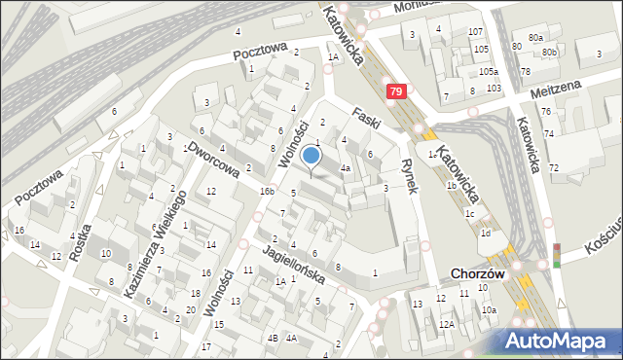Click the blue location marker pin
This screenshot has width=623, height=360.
click(311, 157)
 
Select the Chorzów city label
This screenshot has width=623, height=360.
click(477, 274)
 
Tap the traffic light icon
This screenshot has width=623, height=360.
click(557, 255)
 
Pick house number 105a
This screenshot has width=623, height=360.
click(488, 72)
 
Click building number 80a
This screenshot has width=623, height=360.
click(536, 37)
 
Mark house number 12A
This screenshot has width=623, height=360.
click(446, 324)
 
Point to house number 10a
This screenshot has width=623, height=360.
click(489, 309)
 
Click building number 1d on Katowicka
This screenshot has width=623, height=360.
click(484, 234)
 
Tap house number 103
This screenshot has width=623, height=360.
click(494, 89)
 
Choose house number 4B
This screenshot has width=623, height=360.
click(273, 338)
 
